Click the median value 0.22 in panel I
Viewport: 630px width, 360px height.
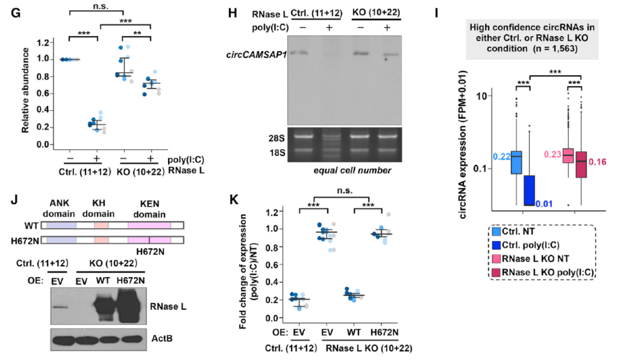click(501, 157)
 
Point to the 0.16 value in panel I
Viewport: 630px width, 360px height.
click(598, 161)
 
